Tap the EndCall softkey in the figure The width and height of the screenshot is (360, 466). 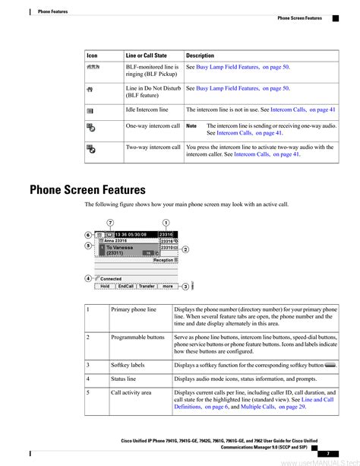click(125, 287)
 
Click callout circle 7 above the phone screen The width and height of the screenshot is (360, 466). click(112, 222)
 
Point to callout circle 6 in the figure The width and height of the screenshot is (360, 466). click(89, 236)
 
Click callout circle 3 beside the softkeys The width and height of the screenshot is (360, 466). click(185, 287)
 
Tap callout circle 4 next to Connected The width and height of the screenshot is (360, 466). click(89, 278)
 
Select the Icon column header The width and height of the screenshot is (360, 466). click(92, 55)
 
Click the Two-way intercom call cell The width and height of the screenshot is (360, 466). click(153, 147)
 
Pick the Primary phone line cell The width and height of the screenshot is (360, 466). click(134, 310)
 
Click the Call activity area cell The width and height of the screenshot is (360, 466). click(131, 393)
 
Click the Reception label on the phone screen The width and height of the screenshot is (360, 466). click(163, 260)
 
